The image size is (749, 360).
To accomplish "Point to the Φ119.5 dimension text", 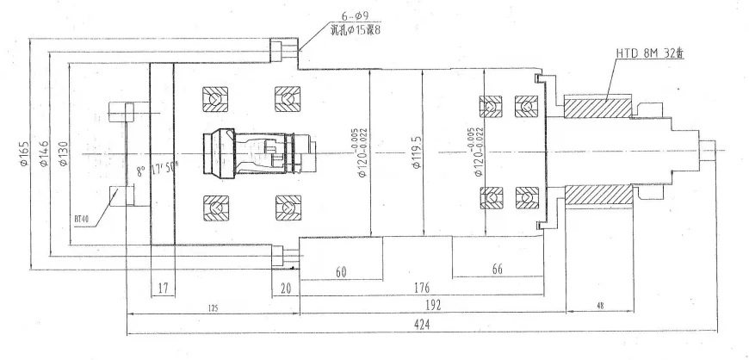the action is click(416, 153).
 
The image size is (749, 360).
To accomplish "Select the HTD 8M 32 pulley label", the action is click(648, 54).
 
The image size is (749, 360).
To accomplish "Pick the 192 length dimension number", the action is click(429, 304).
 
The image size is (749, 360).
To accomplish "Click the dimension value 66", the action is click(498, 270).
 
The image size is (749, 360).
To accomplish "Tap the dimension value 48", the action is click(598, 304).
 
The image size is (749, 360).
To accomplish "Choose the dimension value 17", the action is click(163, 287).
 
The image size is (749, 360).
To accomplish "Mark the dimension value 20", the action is click(285, 287).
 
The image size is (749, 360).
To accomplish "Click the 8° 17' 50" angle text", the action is click(157, 171).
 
